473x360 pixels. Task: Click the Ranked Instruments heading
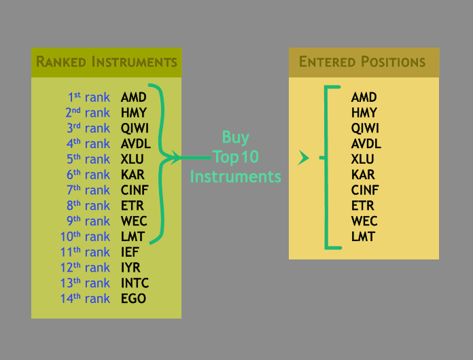coord(106,62)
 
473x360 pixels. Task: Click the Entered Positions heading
coord(362,62)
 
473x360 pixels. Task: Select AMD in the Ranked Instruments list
coord(133,97)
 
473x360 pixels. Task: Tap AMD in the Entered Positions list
coord(364,97)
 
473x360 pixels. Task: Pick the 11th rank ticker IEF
coord(130,252)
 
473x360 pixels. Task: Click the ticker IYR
coord(130,268)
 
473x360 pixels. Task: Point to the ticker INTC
coord(135,283)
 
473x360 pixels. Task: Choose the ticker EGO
coord(133,298)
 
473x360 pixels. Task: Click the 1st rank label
coord(89,97)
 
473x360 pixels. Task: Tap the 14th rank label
coord(86,298)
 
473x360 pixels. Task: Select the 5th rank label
coord(88,160)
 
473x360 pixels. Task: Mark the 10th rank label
coord(86,236)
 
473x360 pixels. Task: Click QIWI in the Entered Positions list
coord(365,128)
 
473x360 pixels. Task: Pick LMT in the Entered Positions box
coord(363,236)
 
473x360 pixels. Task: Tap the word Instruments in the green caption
coord(235,177)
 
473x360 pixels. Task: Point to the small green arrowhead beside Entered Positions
coord(303,158)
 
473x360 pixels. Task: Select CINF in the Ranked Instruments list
coord(134,190)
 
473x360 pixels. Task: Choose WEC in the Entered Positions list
coord(364,221)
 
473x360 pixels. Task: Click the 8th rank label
coord(88,206)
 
